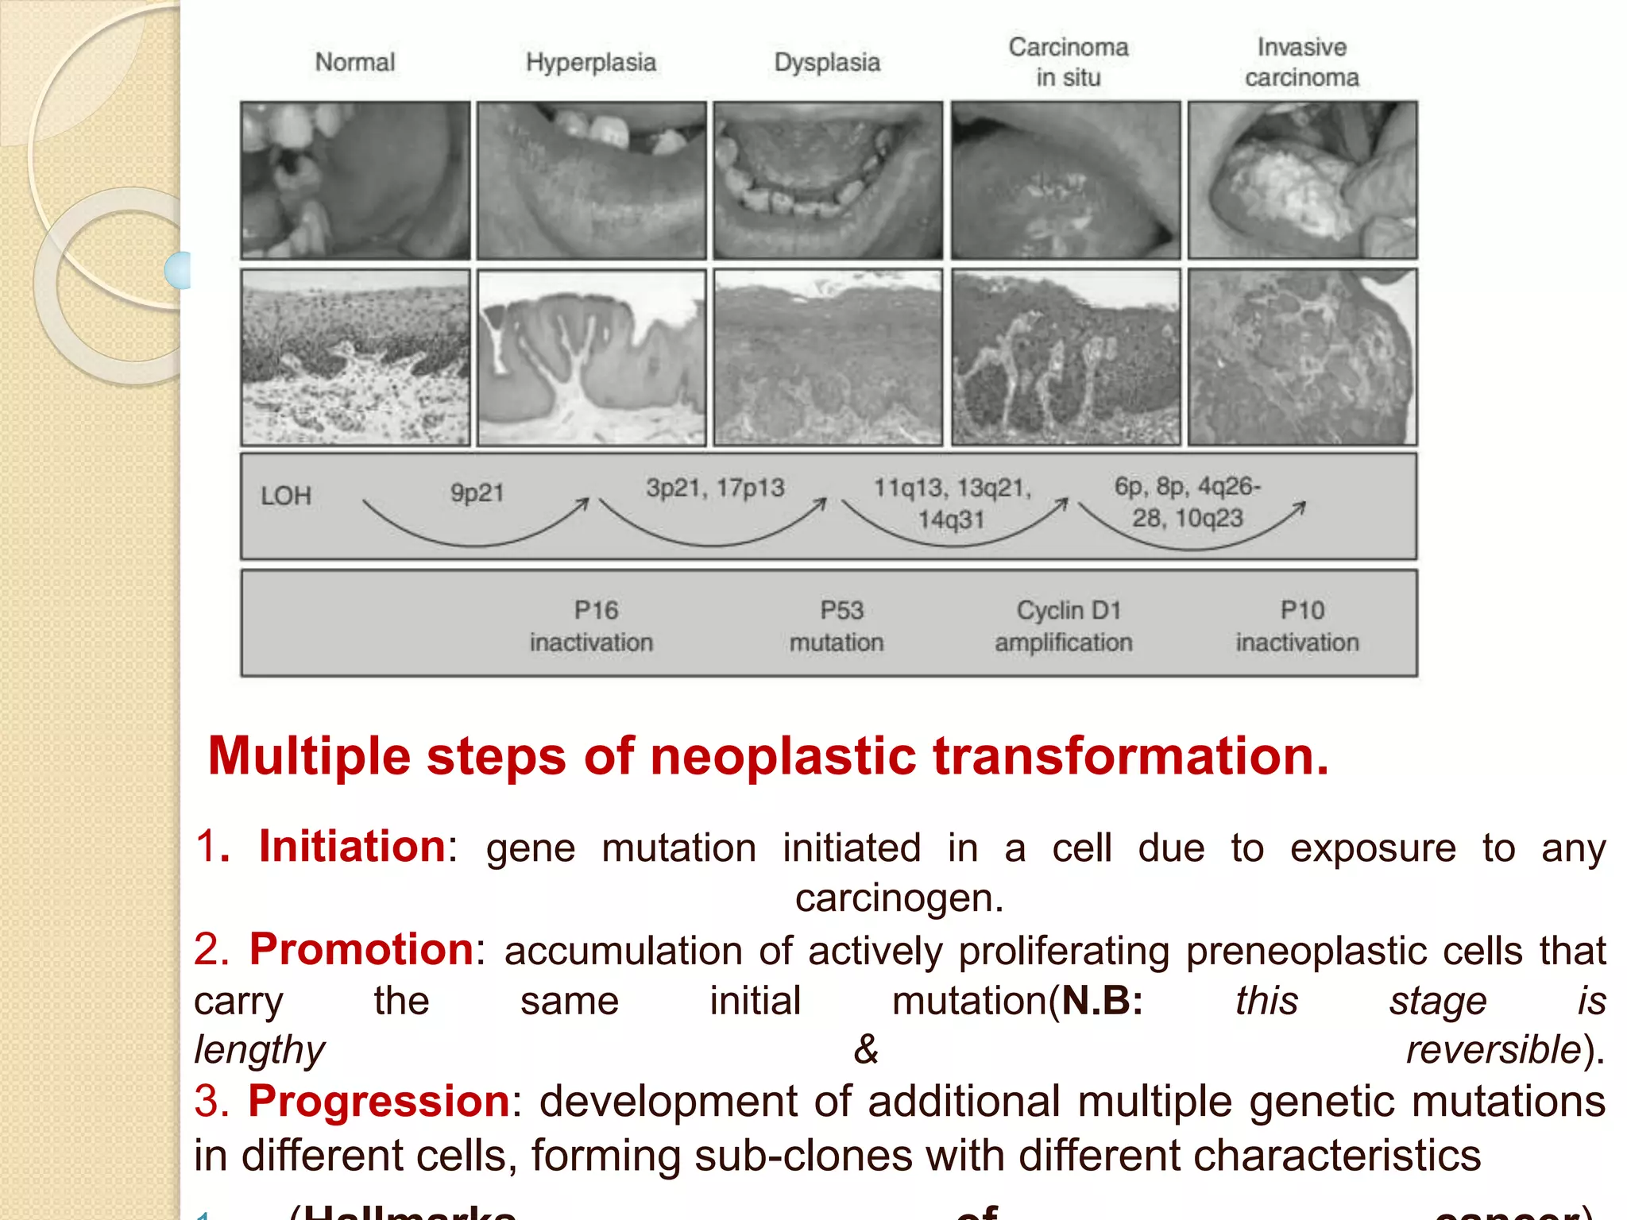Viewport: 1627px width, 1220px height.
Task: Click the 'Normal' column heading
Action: [354, 62]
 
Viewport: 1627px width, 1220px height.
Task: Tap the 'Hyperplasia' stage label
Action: [590, 62]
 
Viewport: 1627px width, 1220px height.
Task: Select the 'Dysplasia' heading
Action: [827, 62]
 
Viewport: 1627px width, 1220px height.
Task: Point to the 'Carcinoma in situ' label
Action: [1068, 62]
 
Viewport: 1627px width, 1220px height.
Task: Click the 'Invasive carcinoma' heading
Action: [1301, 62]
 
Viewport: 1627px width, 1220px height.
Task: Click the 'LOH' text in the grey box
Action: [285, 496]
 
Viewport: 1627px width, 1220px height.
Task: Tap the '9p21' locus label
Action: [477, 492]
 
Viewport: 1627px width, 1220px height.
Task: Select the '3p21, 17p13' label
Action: [714, 487]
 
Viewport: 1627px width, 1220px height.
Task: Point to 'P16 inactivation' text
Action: [592, 626]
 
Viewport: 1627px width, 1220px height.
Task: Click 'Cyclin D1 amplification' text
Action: [1064, 626]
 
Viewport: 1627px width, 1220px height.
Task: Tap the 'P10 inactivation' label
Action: [1297, 626]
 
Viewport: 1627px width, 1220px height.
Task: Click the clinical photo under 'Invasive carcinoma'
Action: [1302, 180]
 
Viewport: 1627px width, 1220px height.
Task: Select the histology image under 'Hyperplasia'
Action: [591, 357]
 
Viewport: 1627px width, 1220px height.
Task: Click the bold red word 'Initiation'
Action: [352, 846]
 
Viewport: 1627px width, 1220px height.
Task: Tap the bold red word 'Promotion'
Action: [361, 948]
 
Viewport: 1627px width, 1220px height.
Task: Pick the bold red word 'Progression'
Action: [379, 1101]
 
